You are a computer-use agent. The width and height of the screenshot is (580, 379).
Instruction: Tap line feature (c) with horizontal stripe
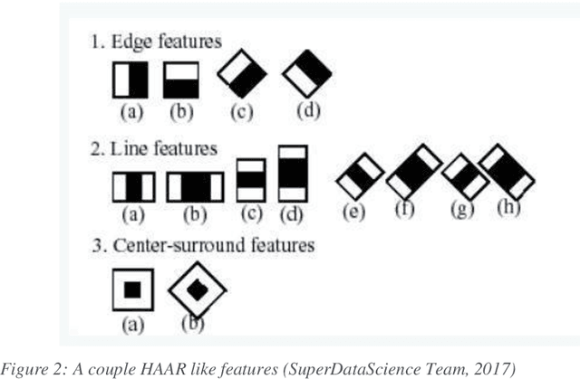(250, 180)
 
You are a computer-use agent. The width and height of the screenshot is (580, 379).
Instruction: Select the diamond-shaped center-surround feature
(196, 290)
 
